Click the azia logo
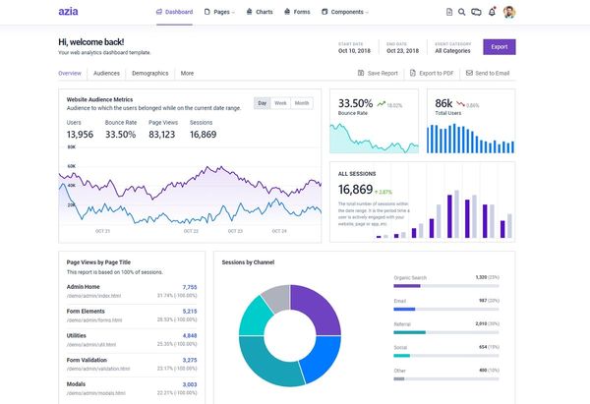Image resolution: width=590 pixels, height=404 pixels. [68, 12]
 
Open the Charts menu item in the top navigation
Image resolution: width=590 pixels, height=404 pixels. [260, 12]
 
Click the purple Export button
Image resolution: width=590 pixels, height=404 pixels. [500, 46]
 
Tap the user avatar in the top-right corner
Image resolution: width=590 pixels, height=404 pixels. [508, 12]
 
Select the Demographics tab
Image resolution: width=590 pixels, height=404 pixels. [149, 73]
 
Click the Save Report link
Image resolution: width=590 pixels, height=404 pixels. [378, 73]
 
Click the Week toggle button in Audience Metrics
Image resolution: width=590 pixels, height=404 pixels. [280, 102]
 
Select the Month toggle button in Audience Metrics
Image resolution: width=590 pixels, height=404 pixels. [301, 102]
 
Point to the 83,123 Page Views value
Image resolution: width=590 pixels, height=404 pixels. [162, 134]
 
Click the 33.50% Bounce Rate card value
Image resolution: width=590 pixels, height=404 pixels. [355, 103]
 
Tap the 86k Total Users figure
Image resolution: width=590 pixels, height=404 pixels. [443, 103]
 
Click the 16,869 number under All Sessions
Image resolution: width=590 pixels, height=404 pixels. [355, 190]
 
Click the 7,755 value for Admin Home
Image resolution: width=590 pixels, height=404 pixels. [190, 287]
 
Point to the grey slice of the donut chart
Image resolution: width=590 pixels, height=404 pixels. [275, 297]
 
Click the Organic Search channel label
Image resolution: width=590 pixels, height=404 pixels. [411, 278]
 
